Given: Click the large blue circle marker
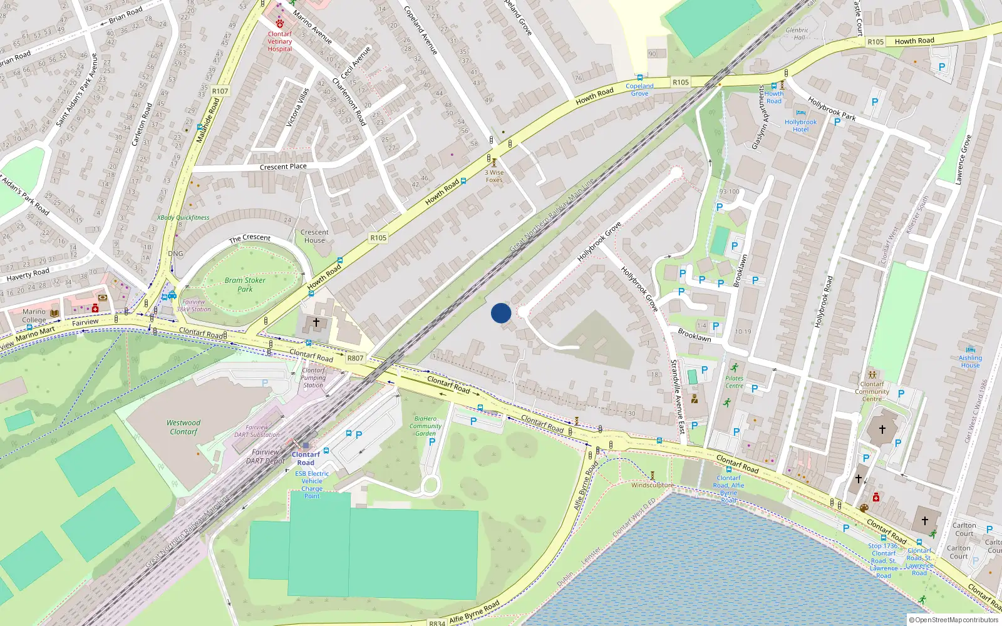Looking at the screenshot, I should coord(501,313).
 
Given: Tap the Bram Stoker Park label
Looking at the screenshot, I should coord(245,285).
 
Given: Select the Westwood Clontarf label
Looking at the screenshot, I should coord(183,428).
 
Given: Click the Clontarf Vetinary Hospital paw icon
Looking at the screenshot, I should coord(279,23).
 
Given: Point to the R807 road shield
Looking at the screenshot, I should coord(355,358).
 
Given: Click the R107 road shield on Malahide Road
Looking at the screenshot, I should coord(220,91).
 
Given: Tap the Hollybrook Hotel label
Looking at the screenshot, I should coord(800,126).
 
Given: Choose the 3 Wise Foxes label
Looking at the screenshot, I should coord(494,176).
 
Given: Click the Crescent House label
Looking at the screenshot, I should coord(314,236).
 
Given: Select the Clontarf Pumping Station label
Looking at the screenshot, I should coord(313,377).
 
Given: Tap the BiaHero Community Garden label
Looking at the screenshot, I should coord(425,426).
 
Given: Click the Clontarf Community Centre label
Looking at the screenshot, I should coord(872,391).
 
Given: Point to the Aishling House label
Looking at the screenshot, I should coord(970,361).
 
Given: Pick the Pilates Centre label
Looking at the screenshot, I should coord(734,382).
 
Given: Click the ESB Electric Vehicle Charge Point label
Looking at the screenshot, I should coord(312,485).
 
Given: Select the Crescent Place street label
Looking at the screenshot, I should coord(283,167).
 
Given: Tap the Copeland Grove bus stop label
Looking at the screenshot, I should coord(639,90).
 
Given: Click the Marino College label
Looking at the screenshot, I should coord(34,316).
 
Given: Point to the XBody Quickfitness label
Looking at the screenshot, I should coord(183,218).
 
